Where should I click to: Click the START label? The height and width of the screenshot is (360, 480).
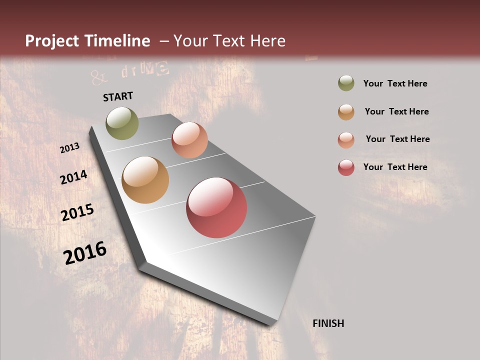[x=118, y=96]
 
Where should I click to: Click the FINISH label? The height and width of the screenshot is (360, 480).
[x=328, y=323]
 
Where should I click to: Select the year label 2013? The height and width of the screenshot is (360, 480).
[x=69, y=148]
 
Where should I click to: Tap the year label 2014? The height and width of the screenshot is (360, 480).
[x=73, y=177]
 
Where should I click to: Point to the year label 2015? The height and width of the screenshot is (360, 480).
[x=77, y=212]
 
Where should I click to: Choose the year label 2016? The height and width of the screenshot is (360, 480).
[x=85, y=253]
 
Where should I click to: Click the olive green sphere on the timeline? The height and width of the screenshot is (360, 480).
[x=122, y=123]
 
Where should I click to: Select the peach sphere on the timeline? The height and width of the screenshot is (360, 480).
[x=189, y=140]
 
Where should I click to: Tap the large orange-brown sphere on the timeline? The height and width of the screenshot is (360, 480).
[x=145, y=180]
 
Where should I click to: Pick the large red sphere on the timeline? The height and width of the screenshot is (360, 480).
[x=216, y=207]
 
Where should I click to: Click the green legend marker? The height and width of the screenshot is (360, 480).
[x=346, y=83]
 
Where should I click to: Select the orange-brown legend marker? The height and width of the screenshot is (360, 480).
[x=346, y=111]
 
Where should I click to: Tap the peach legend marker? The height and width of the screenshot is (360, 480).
[x=346, y=139]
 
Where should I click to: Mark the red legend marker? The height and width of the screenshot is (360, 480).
[x=346, y=167]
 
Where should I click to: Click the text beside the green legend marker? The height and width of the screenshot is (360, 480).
[x=395, y=83]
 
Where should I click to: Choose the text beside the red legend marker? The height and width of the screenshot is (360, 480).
[x=395, y=167]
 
